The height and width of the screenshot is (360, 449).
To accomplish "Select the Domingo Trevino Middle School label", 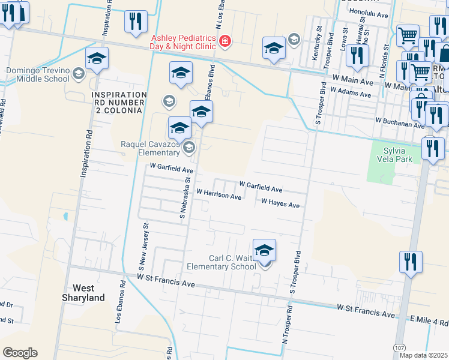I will [x=37, y=74].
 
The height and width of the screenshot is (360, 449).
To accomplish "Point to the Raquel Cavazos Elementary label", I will [x=151, y=148].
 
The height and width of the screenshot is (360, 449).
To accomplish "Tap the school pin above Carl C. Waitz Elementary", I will [x=264, y=251].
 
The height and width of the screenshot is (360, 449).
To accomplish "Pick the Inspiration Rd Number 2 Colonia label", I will [x=117, y=103].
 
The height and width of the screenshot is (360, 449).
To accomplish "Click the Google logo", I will [x=20, y=353].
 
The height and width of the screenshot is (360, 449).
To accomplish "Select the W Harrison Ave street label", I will [x=218, y=194].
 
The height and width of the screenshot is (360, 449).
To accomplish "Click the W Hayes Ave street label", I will [x=280, y=204].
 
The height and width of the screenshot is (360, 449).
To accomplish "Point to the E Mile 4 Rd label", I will [x=429, y=320].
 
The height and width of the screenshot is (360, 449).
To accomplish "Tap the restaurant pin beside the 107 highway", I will [x=411, y=262].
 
